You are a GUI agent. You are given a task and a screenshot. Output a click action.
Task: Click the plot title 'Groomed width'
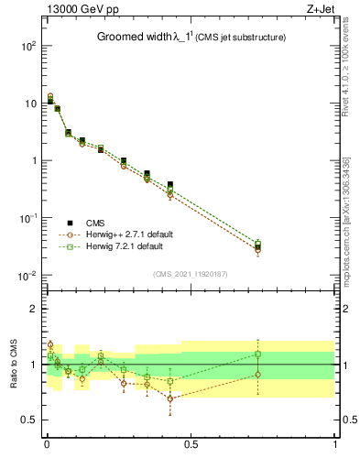click(136, 38)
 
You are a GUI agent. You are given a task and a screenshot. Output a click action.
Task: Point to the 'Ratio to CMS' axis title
click(15, 364)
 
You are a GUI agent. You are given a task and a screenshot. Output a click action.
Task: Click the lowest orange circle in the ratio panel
click(170, 398)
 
